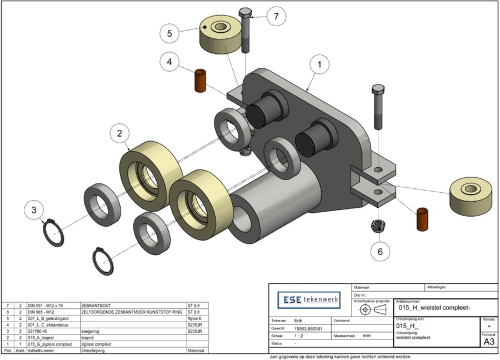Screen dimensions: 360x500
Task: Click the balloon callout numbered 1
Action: (319, 64)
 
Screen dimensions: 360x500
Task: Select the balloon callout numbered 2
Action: (120, 133)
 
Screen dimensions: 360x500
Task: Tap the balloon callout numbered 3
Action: (34, 210)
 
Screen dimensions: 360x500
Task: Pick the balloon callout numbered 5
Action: (170, 33)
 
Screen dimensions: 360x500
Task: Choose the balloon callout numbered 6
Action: (381, 252)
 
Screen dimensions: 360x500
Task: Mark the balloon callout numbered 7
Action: (276, 16)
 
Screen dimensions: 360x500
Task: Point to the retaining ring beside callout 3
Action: (54, 233)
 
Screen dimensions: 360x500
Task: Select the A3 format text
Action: (489, 342)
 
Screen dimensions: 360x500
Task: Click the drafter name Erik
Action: (298, 321)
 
